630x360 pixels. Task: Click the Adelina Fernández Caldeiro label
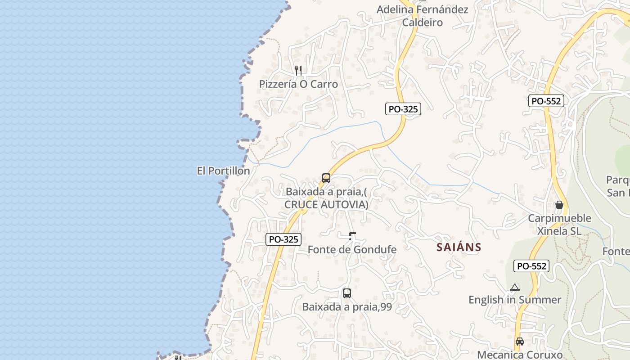coord(422,16)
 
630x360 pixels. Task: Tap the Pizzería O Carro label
coord(298,84)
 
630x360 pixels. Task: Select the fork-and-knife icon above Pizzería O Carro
coord(298,70)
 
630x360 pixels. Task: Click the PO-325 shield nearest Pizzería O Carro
coord(403,108)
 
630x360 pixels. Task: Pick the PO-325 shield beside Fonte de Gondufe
coord(283,239)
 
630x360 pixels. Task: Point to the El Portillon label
coord(223,171)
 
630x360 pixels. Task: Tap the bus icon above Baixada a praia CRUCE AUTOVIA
coord(326,178)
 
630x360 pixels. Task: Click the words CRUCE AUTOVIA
coord(326,205)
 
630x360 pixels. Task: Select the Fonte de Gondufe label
coord(352,249)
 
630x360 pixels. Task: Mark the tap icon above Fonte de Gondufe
coord(352,236)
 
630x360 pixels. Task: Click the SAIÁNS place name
coord(459,247)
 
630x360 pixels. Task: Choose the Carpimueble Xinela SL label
coord(559,225)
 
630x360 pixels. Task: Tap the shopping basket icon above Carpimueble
coord(559,205)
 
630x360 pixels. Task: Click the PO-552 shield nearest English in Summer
coord(531,266)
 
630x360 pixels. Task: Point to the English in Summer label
coord(515,300)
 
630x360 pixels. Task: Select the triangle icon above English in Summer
coord(515,287)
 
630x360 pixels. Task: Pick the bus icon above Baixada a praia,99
coord(346,293)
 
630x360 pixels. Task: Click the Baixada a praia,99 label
coord(347,307)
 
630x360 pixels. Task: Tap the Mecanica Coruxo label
coord(520,355)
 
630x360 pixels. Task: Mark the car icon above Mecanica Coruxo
coord(520,342)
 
